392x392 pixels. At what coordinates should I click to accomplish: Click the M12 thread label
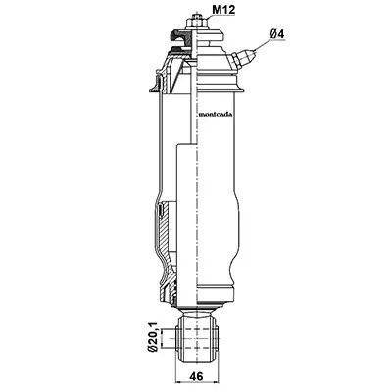pyautogui.click(x=223, y=10)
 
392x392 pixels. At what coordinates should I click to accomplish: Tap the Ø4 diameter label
pyautogui.click(x=277, y=33)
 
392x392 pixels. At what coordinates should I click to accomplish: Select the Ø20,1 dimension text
pyautogui.click(x=153, y=337)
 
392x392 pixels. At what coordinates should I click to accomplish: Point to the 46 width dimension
pyautogui.click(x=196, y=376)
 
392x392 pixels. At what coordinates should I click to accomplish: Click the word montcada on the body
pyautogui.click(x=216, y=115)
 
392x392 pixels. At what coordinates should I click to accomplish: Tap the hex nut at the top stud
pyautogui.click(x=196, y=24)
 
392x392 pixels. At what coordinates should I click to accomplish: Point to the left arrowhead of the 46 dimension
pyautogui.click(x=178, y=382)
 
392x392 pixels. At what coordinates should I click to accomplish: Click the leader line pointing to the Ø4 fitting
pyautogui.click(x=263, y=45)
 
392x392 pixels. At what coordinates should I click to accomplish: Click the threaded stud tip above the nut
pyautogui.click(x=196, y=15)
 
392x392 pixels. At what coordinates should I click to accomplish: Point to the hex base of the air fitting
pyautogui.click(x=234, y=61)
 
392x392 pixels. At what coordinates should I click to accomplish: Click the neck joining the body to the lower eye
pyautogui.click(x=197, y=308)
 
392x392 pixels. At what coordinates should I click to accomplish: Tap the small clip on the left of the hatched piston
pyautogui.click(x=160, y=210)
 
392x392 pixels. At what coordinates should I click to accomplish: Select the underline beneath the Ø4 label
pyautogui.click(x=277, y=40)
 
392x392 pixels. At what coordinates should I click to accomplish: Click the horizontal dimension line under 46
pyautogui.click(x=197, y=382)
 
